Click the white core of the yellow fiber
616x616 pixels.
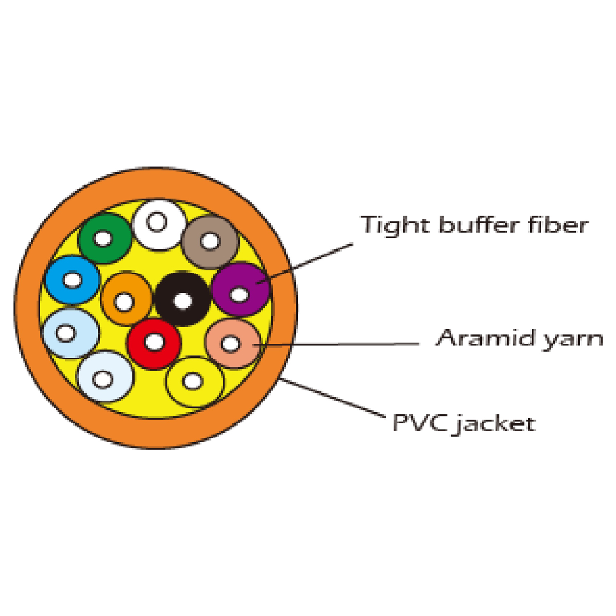193,381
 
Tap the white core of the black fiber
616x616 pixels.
183,301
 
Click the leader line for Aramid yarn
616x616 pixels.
349,344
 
